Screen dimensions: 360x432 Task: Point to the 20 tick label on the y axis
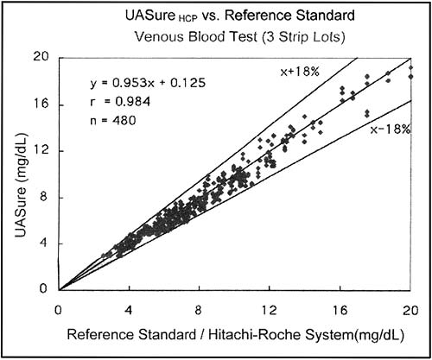coord(41,58)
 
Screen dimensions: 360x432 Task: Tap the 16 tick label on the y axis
coord(41,104)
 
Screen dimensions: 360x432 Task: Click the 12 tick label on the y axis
coord(41,151)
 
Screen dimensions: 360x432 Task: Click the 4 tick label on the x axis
coord(129,309)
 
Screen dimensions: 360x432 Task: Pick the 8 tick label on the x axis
coord(200,309)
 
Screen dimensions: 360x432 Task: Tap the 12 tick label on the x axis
coord(270,309)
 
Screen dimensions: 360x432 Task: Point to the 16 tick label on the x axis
coord(340,309)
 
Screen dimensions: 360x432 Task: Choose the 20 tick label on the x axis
coord(410,309)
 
